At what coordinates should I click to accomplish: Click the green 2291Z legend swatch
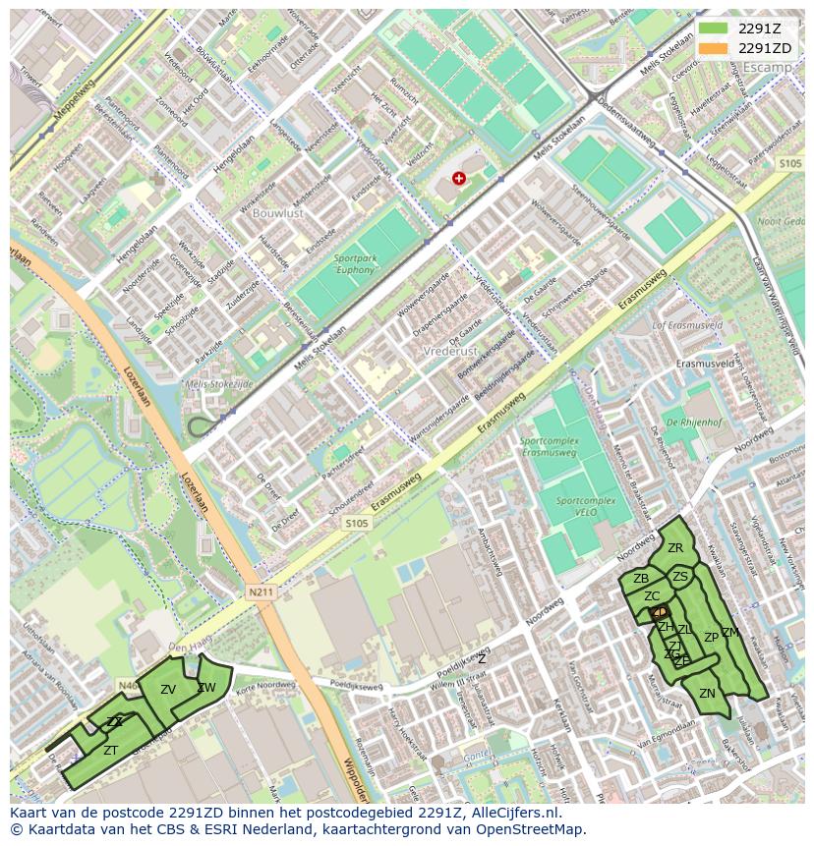point(715,29)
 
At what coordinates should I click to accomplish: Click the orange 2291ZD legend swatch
point(715,48)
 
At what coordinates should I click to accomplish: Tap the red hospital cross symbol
point(459,178)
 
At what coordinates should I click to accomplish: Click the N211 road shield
point(260,592)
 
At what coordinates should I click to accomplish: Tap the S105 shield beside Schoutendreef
point(356,524)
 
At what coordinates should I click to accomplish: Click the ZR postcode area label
point(675,548)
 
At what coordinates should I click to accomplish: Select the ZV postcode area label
point(168,690)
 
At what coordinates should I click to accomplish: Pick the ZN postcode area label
point(707,693)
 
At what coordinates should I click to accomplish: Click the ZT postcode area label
point(111,750)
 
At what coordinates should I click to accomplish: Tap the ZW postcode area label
point(206,688)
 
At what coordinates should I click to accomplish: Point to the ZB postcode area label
point(641,579)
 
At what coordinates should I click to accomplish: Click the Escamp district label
point(767,68)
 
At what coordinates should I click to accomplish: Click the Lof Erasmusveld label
point(687,324)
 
